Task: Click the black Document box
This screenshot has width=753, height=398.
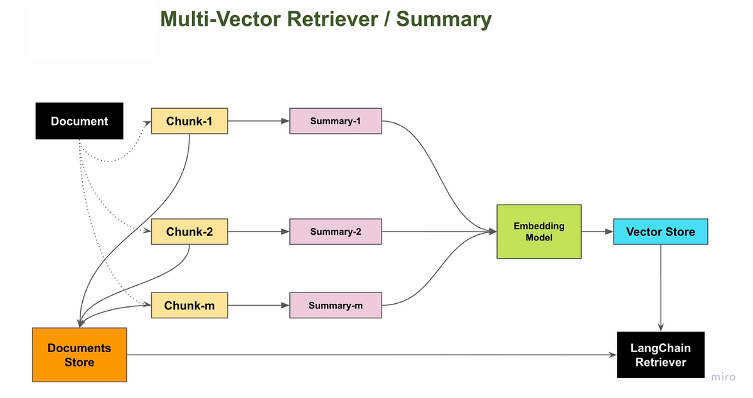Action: (x=79, y=121)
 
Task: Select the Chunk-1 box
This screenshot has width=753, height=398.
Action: (x=190, y=121)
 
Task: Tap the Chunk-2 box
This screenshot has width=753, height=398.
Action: (x=190, y=232)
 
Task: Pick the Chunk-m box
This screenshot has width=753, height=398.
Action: (x=190, y=305)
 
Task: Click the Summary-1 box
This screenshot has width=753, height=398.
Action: (x=336, y=121)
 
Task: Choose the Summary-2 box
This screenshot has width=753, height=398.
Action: (x=336, y=232)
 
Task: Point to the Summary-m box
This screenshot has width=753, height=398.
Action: (x=336, y=305)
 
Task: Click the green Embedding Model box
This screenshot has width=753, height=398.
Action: (x=539, y=232)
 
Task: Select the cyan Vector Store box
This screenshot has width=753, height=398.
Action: (x=661, y=232)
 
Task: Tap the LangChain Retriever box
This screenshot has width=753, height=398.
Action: (x=661, y=355)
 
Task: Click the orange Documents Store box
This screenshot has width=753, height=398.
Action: (x=79, y=355)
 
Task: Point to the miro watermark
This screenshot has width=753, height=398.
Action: (x=724, y=377)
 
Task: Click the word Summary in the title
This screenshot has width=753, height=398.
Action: (x=444, y=20)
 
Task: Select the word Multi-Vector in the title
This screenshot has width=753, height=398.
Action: (x=220, y=19)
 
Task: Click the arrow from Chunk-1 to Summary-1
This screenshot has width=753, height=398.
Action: (x=259, y=121)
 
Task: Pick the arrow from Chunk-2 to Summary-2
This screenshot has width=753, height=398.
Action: (x=259, y=232)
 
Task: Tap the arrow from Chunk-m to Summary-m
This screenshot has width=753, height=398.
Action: (x=259, y=305)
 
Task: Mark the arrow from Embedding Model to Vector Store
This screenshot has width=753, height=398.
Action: (x=597, y=232)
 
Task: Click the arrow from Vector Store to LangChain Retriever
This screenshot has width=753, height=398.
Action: (x=661, y=288)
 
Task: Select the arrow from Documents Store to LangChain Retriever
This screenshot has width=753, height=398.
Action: (x=371, y=355)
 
